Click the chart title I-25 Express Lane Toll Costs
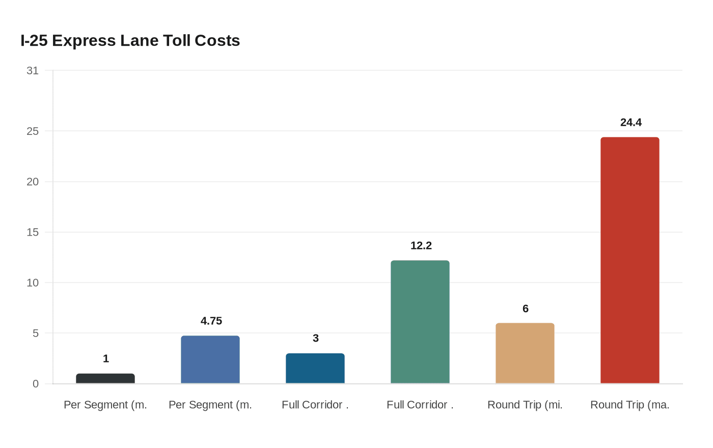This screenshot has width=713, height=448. click(x=130, y=41)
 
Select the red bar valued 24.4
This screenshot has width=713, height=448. click(x=629, y=260)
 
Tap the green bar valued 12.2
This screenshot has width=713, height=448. click(x=420, y=322)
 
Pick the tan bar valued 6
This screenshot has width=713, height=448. click(x=525, y=353)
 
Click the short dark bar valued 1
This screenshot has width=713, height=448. click(x=105, y=378)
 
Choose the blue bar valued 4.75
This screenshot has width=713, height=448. click(x=210, y=359)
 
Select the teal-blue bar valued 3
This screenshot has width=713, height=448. click(x=315, y=368)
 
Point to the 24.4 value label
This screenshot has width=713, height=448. click(x=630, y=122)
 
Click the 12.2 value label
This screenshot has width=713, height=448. click(x=421, y=245)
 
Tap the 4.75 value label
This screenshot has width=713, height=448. click(x=211, y=321)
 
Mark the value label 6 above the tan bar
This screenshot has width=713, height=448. click(x=525, y=309)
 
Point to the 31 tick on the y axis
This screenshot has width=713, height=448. click(x=33, y=71)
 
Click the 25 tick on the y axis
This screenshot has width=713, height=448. click(x=33, y=131)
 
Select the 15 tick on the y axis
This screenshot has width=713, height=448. click(x=33, y=232)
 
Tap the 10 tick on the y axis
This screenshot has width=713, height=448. click(x=33, y=283)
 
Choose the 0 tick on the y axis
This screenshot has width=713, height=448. click(x=35, y=384)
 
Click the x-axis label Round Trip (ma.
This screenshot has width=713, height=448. click(x=629, y=405)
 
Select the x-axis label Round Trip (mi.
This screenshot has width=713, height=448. click(x=525, y=405)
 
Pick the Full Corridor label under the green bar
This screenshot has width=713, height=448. click(x=420, y=405)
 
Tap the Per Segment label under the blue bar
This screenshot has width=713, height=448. click(x=210, y=405)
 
